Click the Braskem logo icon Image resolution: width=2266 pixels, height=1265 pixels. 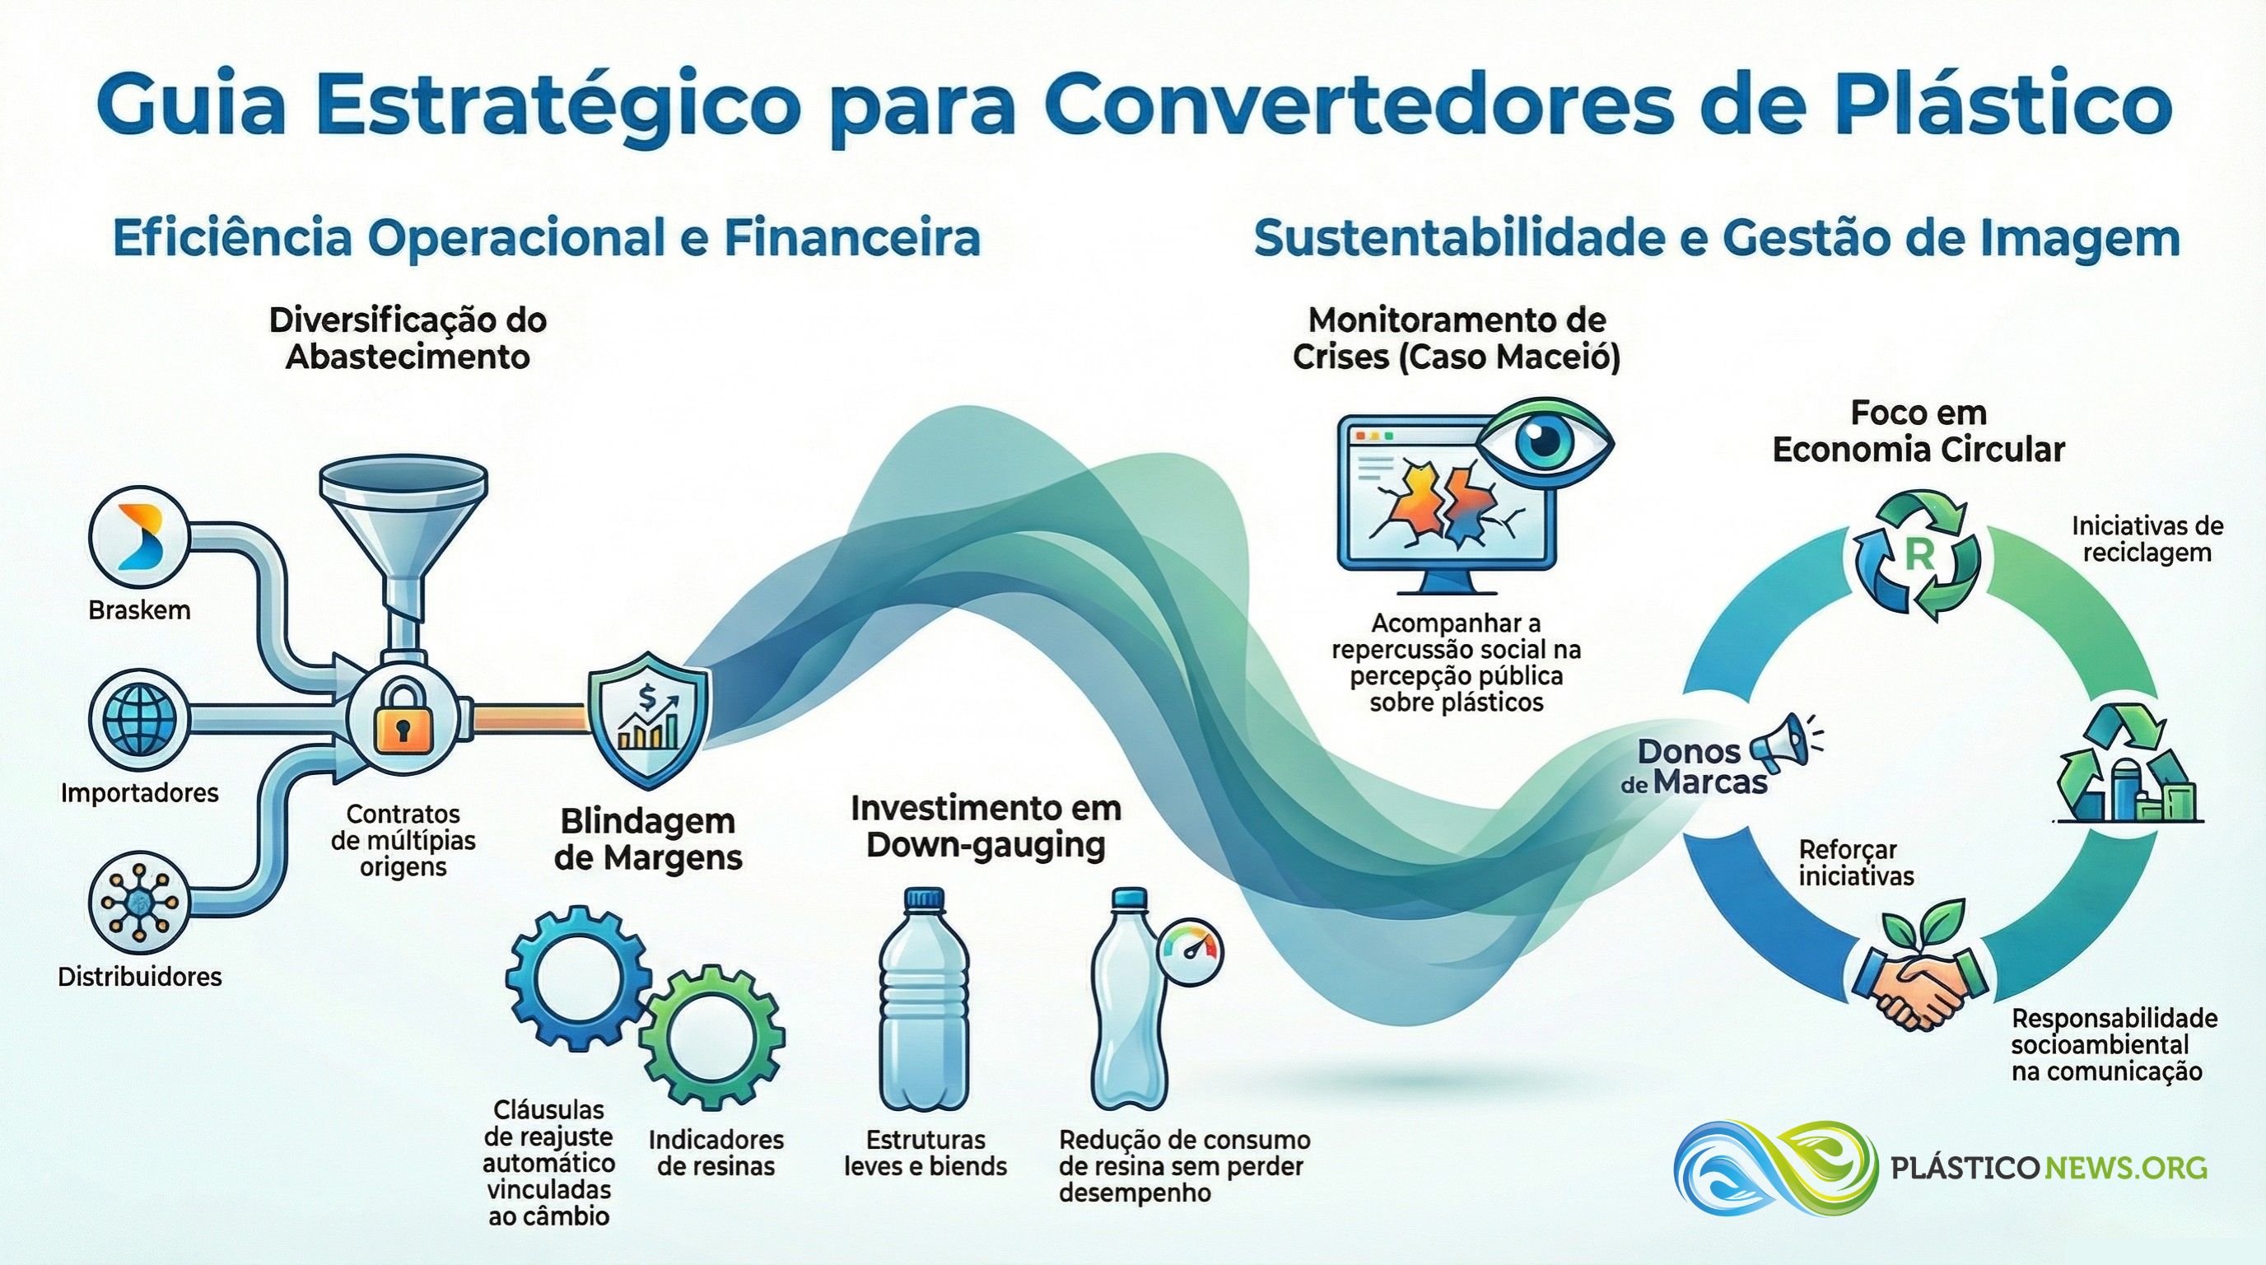point(139,536)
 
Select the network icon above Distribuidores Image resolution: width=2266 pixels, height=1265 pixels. point(139,903)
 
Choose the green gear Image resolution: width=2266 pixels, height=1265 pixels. point(711,1038)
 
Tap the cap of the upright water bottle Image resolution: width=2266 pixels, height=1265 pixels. point(925,899)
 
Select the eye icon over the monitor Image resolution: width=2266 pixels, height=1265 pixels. point(1545,447)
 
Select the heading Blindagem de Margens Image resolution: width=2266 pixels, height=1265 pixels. point(648,839)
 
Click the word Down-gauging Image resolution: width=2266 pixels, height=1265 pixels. point(986,845)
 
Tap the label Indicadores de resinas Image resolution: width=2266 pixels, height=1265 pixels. point(716,1153)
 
